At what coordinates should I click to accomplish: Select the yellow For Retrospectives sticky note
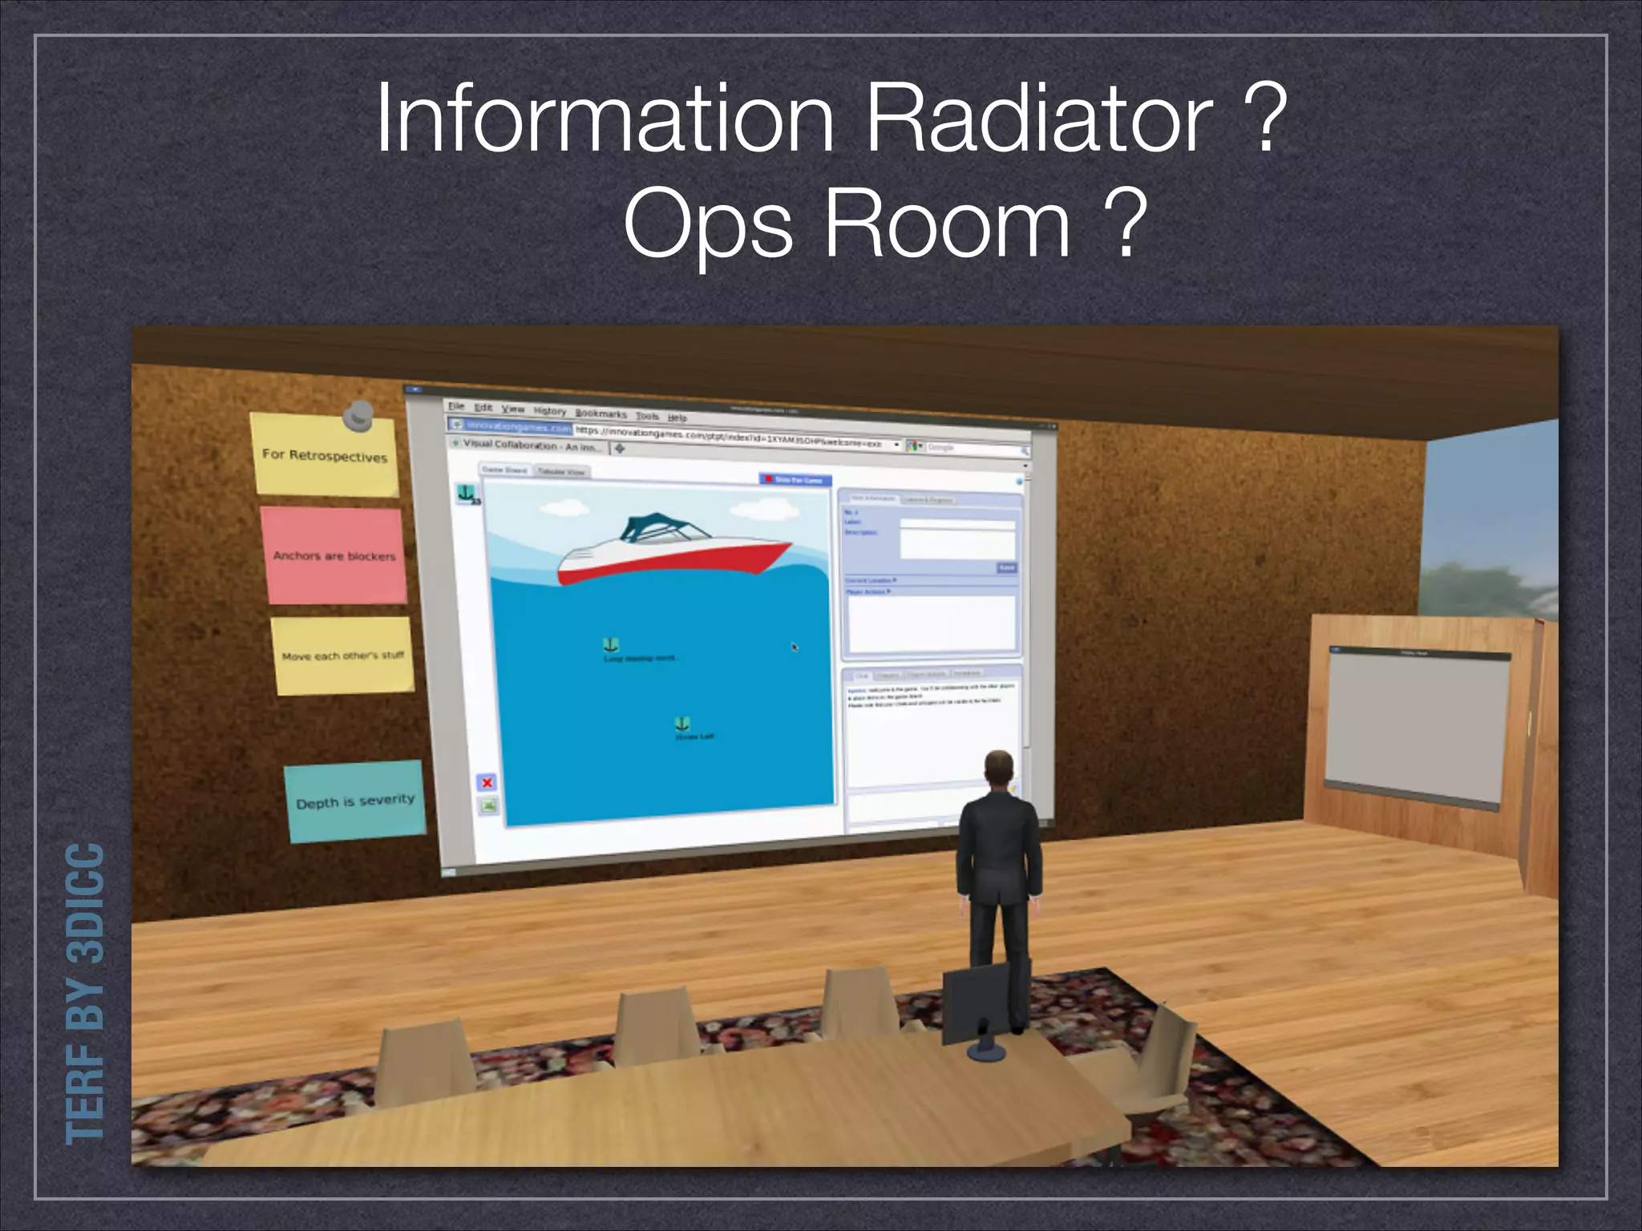click(x=325, y=454)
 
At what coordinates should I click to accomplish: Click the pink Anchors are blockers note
click(x=334, y=555)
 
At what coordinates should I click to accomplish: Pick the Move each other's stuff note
click(x=343, y=656)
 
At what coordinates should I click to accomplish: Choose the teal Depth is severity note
click(x=354, y=801)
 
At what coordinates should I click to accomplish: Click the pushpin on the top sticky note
click(x=358, y=415)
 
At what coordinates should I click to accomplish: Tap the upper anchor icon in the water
click(x=611, y=645)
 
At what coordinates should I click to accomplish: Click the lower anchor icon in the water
click(x=682, y=724)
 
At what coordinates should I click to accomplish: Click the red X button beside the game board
click(x=487, y=782)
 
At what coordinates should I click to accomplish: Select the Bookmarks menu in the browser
click(x=601, y=414)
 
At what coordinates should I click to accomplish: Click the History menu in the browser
click(x=550, y=411)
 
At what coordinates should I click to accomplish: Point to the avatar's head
click(x=998, y=769)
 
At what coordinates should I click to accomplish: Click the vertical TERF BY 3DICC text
click(x=85, y=994)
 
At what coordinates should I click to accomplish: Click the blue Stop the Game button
click(x=795, y=479)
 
